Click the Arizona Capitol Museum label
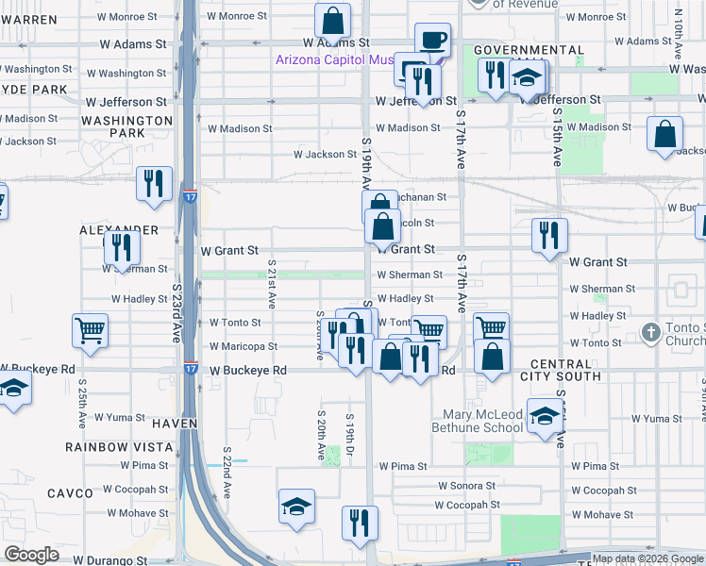pyautogui.click(x=334, y=59)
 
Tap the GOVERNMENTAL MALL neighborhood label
pyautogui.click(x=528, y=49)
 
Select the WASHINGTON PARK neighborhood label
pyautogui.click(x=126, y=127)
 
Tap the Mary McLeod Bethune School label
pyautogui.click(x=483, y=421)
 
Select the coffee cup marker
pyautogui.click(x=432, y=40)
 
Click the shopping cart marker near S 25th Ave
pyautogui.click(x=90, y=331)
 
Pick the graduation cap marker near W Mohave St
pyautogui.click(x=296, y=507)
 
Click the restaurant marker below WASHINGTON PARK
pyautogui.click(x=154, y=184)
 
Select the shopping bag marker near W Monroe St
pyautogui.click(x=332, y=20)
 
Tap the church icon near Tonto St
pyautogui.click(x=649, y=332)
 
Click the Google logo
pyautogui.click(x=32, y=555)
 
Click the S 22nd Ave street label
pyautogui.click(x=227, y=472)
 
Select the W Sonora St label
pyautogui.click(x=466, y=486)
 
